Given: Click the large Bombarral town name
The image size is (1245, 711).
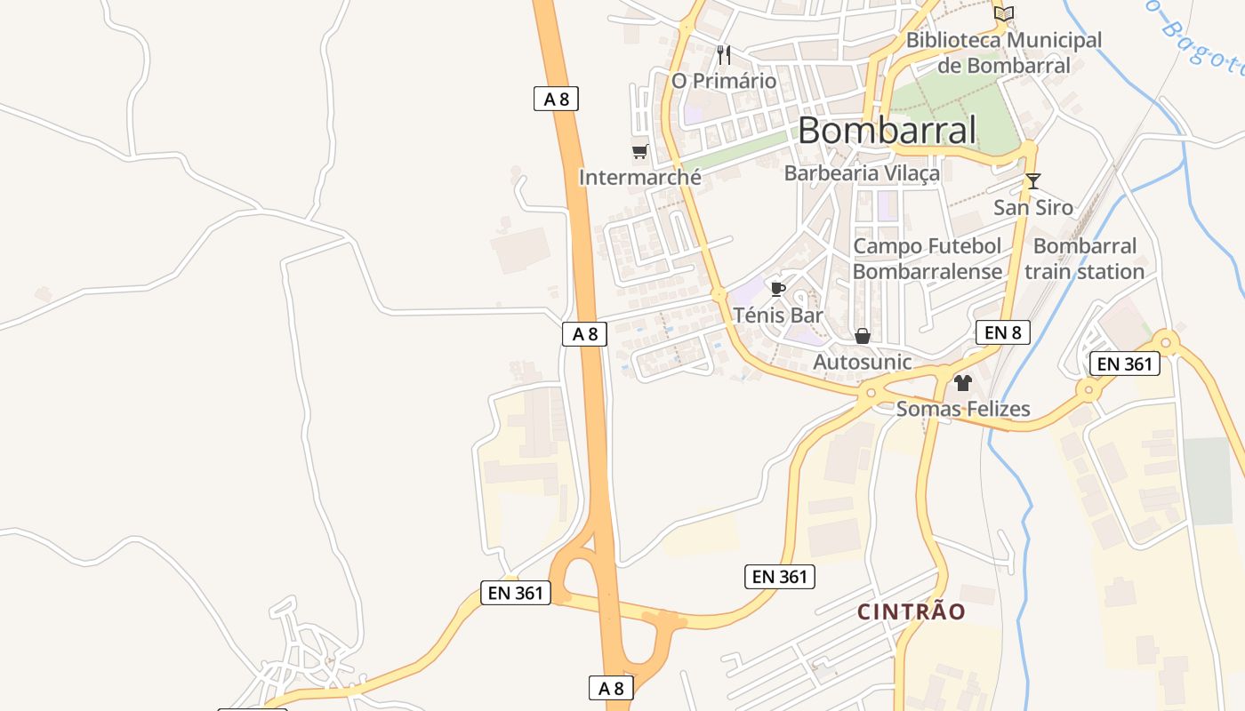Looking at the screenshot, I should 887,131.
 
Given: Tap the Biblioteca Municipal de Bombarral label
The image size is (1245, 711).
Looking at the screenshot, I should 1003,52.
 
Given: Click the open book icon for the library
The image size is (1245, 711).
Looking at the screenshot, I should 1004,13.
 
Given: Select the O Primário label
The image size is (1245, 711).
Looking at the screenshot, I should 723,81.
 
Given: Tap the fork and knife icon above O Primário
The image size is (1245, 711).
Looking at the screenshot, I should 723,55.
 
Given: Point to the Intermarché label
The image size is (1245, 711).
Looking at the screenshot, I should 639,177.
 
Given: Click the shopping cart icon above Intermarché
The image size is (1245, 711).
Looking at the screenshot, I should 639,151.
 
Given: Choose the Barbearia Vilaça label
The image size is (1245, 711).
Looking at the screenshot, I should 861,173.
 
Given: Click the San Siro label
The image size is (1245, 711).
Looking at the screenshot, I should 1032,208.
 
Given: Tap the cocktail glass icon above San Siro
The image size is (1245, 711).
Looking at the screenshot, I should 1032,181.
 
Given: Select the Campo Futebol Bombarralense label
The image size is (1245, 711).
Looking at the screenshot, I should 927,259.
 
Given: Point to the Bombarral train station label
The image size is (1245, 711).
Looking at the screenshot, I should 1084,259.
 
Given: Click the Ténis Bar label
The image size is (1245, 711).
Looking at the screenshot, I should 778,315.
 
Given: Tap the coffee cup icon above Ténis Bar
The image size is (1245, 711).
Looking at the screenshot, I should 777,289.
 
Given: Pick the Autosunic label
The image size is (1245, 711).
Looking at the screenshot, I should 862,362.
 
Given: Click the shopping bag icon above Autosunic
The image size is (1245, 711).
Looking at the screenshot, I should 862,336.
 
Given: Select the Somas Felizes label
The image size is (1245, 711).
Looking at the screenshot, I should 963,409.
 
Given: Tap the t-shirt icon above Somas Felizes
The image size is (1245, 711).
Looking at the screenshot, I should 963,383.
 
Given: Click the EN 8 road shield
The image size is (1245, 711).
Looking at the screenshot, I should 1002,332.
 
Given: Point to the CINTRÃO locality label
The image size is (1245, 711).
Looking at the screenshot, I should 911,611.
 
